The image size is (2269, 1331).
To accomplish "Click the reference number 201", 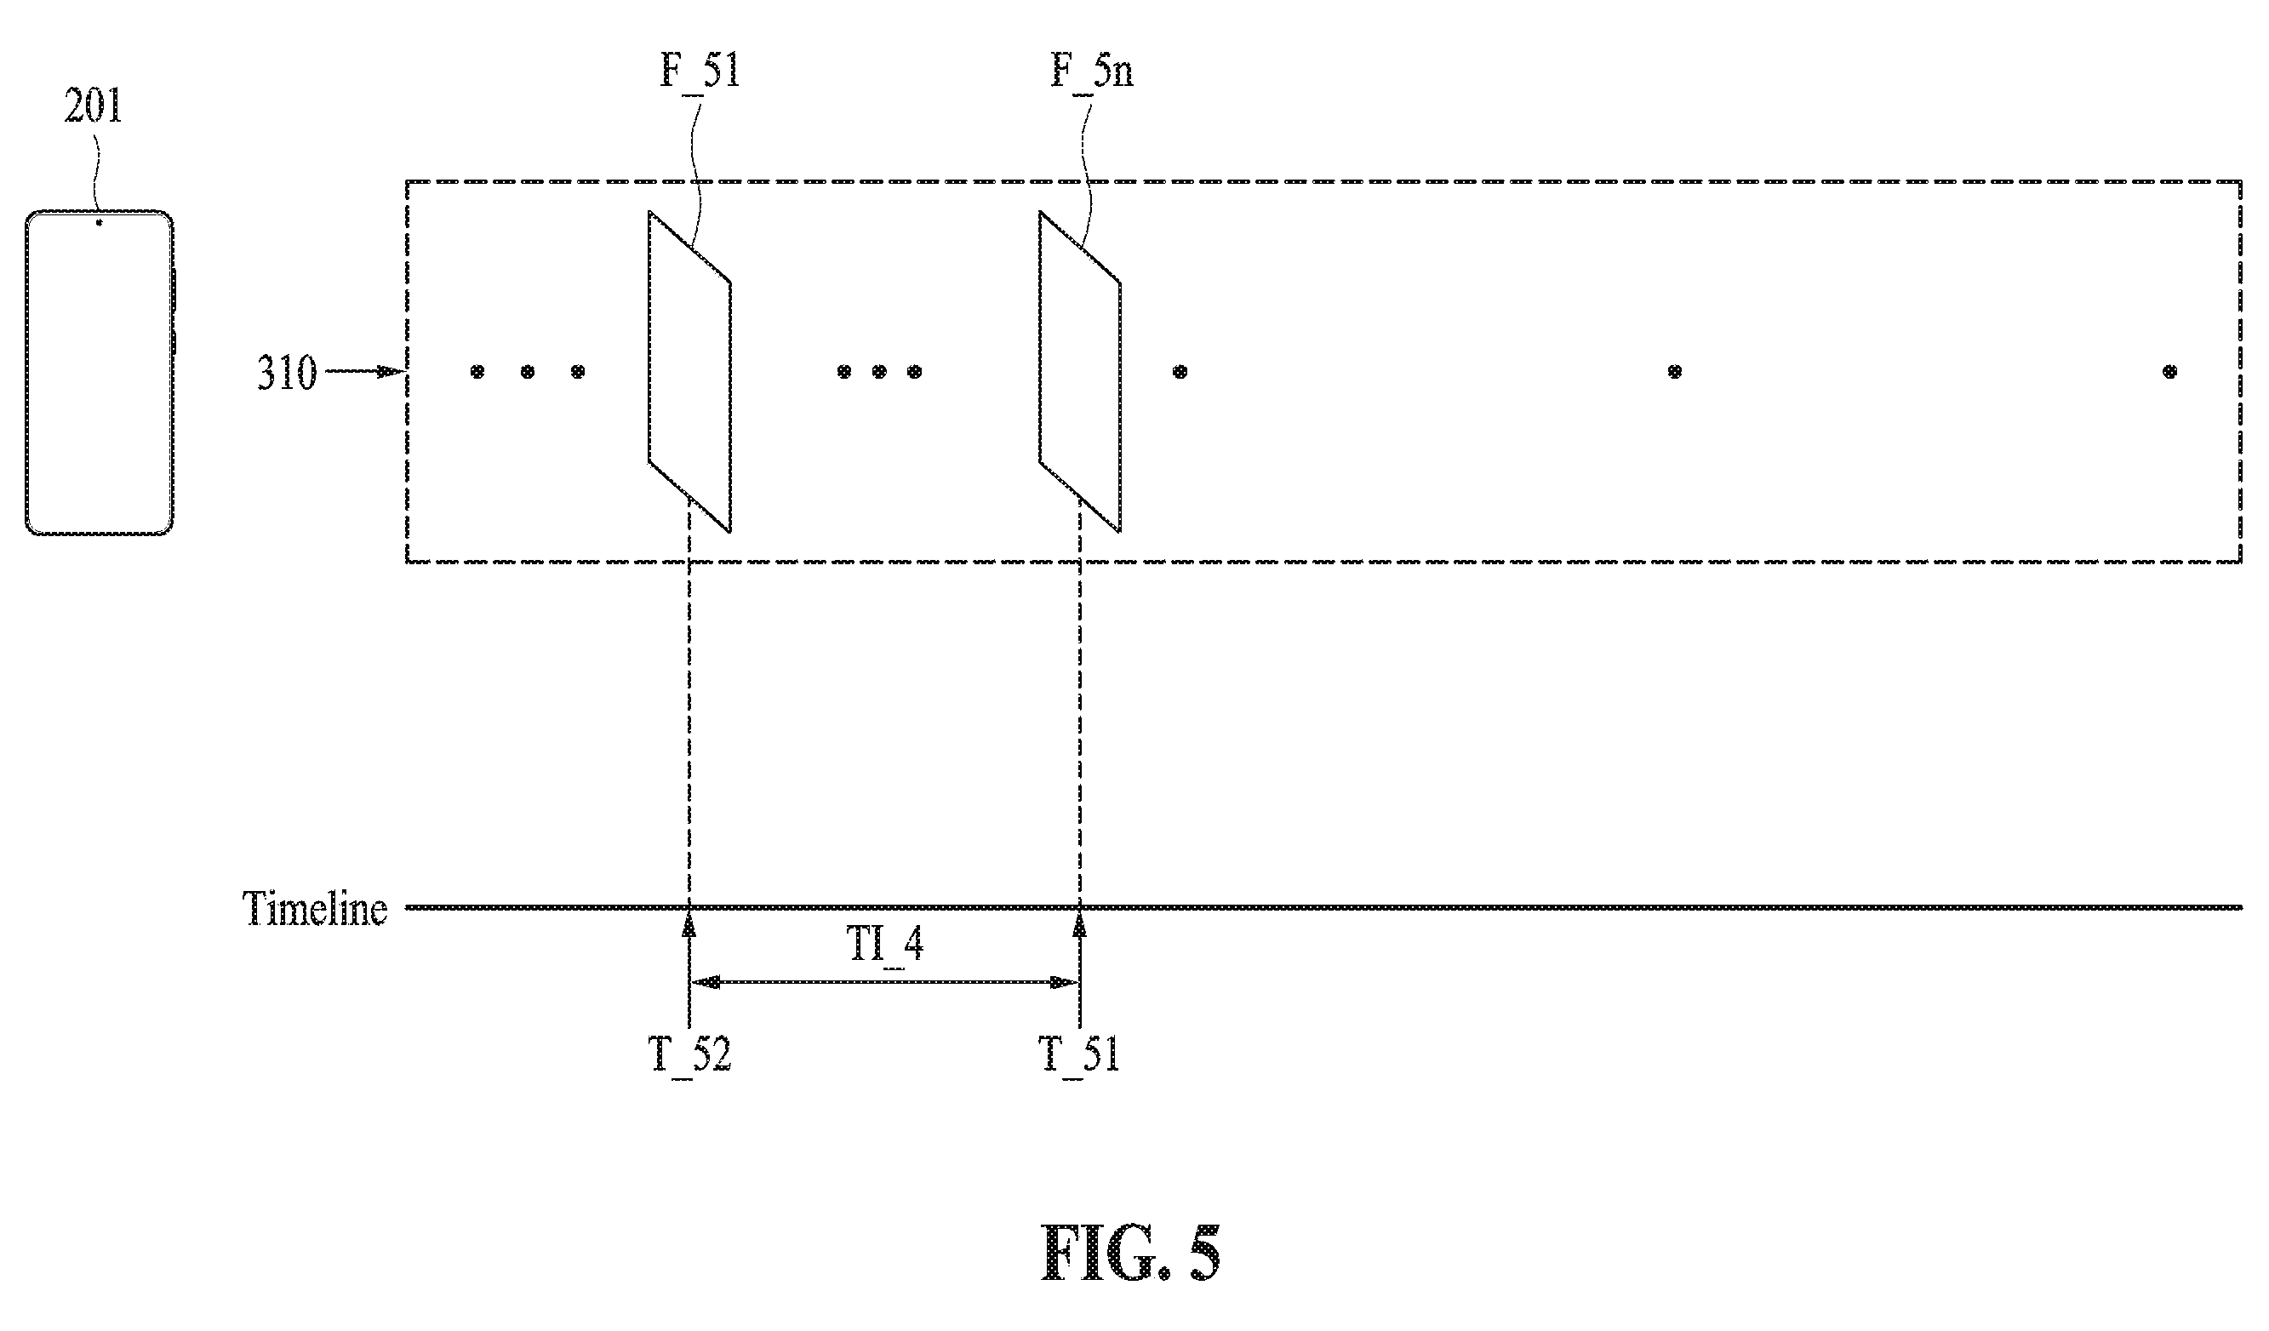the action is pyautogui.click(x=93, y=106).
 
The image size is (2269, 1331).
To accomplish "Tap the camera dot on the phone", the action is pyautogui.click(x=99, y=221).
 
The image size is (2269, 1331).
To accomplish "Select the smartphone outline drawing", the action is pyautogui.click(x=100, y=373).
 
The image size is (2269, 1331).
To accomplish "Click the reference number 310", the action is pyautogui.click(x=287, y=373).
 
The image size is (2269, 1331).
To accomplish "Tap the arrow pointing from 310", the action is pyautogui.click(x=363, y=371).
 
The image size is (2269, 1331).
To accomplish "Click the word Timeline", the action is pyautogui.click(x=315, y=909).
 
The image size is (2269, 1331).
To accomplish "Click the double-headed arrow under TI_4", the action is pyautogui.click(x=885, y=982).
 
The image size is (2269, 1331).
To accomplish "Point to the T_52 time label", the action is pyautogui.click(x=689, y=1054).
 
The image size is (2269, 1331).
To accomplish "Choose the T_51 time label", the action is pyautogui.click(x=1079, y=1054).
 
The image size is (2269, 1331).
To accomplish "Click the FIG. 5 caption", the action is pyautogui.click(x=1131, y=1253).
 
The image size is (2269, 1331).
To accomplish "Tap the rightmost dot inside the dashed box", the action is pyautogui.click(x=2170, y=371).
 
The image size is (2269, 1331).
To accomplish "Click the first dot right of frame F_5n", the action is pyautogui.click(x=1180, y=371).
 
